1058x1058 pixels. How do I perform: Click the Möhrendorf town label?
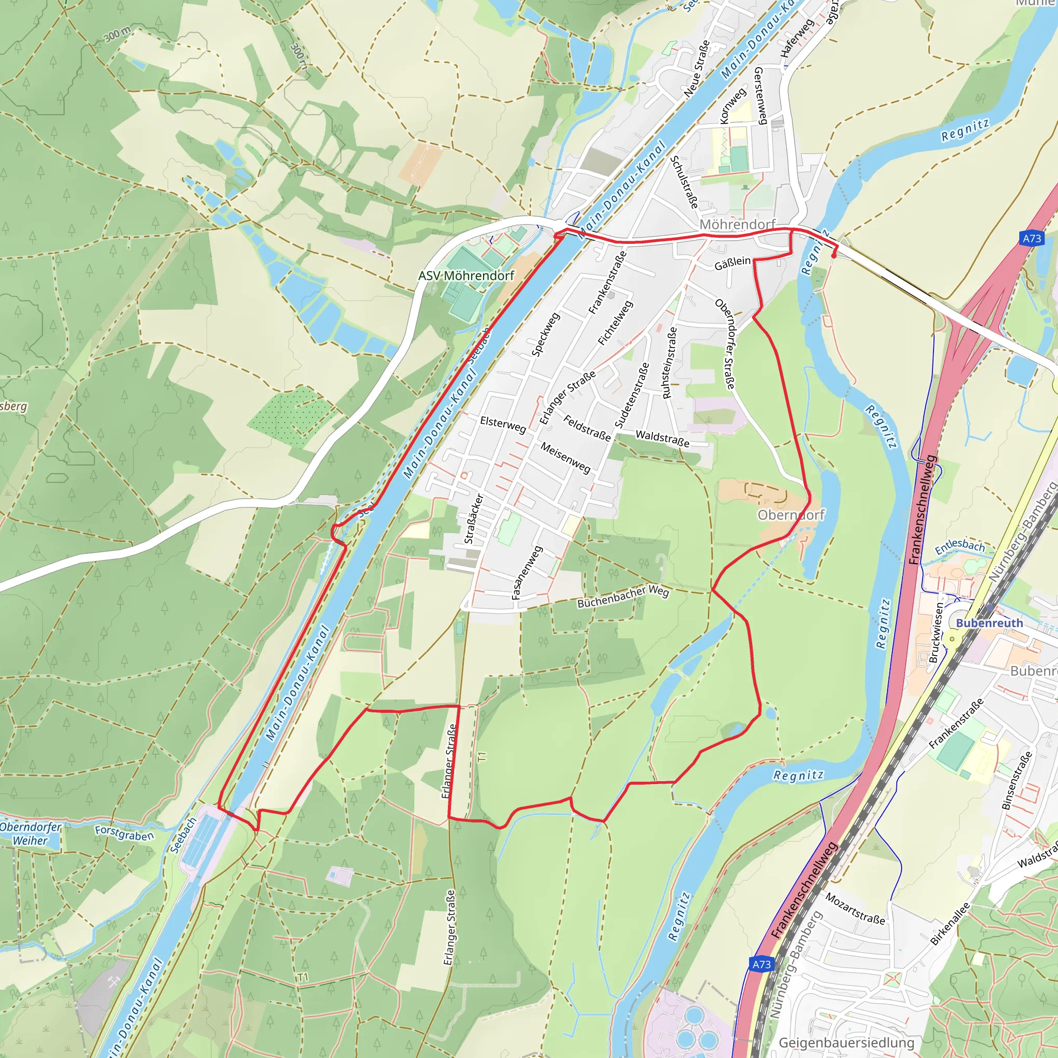click(737, 225)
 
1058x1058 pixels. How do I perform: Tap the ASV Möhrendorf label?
click(466, 275)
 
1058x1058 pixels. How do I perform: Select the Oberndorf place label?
click(791, 514)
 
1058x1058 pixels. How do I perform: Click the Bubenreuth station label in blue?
click(989, 623)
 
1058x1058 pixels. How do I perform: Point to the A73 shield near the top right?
click(1032, 238)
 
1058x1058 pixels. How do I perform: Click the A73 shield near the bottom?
click(761, 964)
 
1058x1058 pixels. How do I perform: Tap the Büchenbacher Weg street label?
click(623, 596)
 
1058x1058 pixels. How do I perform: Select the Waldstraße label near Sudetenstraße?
click(662, 438)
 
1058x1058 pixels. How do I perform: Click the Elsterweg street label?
click(503, 424)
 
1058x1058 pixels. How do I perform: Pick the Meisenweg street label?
click(566, 457)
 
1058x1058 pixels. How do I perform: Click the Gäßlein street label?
click(732, 263)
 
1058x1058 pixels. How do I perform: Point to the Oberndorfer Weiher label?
click(30, 833)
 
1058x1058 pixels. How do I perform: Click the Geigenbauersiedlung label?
click(846, 1043)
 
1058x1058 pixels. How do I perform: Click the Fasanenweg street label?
click(526, 573)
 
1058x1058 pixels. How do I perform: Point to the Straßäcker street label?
click(474, 519)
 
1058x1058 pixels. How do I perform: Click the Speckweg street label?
click(546, 334)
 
